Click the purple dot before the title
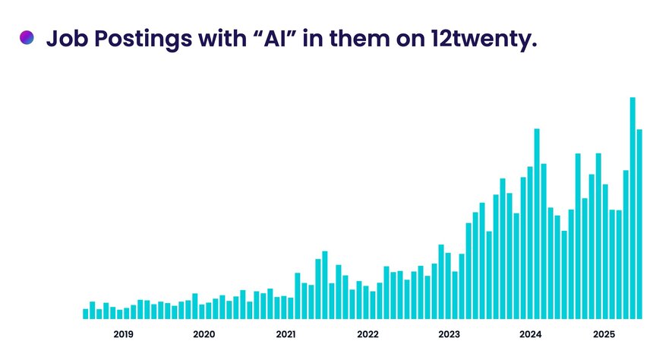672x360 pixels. pos(27,38)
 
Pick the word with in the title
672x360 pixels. pos(222,39)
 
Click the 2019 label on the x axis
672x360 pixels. pos(124,334)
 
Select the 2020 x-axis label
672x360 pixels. pos(204,334)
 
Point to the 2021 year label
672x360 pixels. pos(286,334)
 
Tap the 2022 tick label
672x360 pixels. pos(368,334)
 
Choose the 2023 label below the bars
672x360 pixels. pos(449,334)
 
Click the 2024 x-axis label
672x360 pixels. pos(530,334)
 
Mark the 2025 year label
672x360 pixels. pos(604,334)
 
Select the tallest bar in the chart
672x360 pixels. pos(633,208)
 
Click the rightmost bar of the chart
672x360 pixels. pos(639,224)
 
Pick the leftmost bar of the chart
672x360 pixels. pos(86,314)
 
